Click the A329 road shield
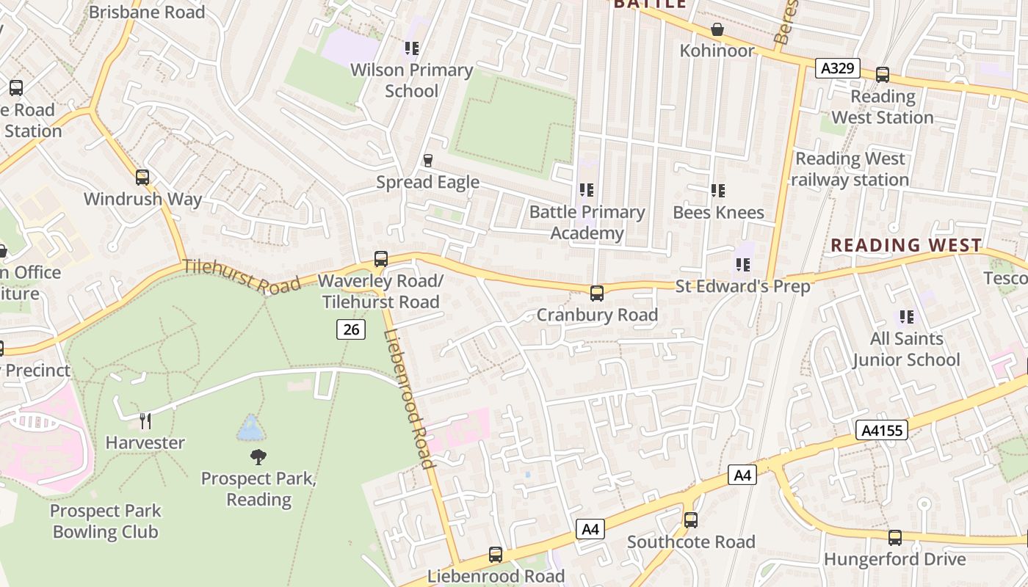[837, 68]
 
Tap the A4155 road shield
[881, 430]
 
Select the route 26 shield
[351, 329]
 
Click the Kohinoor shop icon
[717, 29]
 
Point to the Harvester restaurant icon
[145, 420]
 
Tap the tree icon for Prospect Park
[258, 457]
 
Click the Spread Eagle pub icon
[428, 160]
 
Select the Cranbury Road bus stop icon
[596, 293]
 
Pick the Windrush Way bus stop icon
[142, 177]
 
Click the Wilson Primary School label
[411, 80]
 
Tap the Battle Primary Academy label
[587, 222]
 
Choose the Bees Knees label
[718, 212]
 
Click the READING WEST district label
[905, 245]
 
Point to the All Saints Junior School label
[906, 349]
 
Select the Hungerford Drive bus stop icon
[894, 537]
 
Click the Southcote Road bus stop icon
[690, 519]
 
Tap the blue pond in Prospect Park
[250, 428]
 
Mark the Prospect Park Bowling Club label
[105, 521]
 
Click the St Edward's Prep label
[742, 286]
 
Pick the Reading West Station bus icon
[882, 74]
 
